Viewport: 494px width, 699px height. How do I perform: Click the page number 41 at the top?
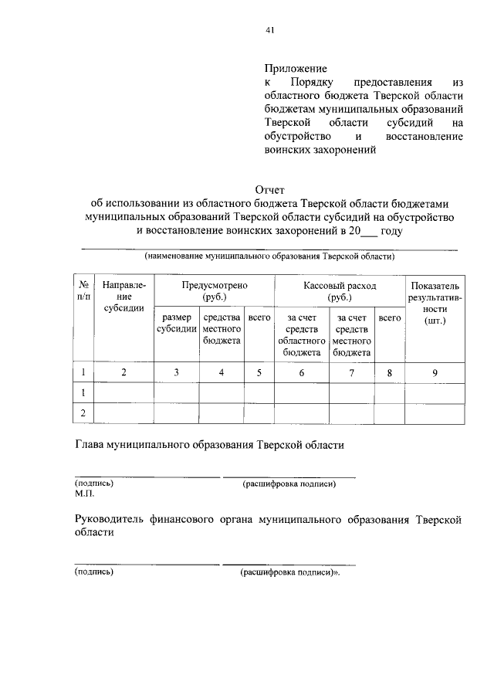click(269, 31)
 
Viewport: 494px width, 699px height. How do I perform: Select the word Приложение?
click(296, 68)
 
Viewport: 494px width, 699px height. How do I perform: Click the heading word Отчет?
click(270, 188)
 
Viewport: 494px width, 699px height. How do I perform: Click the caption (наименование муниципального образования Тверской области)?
click(269, 256)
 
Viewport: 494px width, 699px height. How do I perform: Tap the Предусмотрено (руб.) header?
click(214, 290)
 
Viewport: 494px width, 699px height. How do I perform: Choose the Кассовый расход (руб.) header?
click(339, 290)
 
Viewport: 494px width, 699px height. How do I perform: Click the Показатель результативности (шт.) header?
click(435, 302)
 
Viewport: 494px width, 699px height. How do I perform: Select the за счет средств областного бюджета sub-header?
click(301, 334)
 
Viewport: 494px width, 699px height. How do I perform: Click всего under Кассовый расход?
click(389, 317)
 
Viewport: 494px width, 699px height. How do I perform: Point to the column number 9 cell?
click(435, 373)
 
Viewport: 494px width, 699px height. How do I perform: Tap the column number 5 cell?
click(259, 373)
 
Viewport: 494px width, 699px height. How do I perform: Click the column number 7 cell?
click(351, 373)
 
